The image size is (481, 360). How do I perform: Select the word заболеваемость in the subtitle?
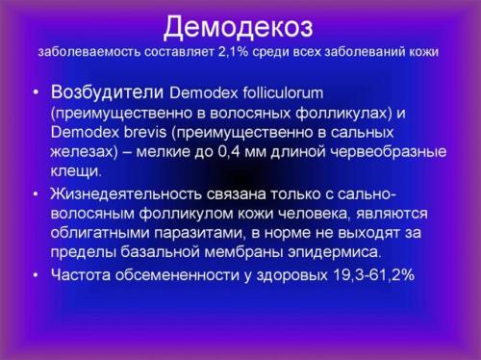coord(84,51)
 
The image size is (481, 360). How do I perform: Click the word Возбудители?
coord(107,93)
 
